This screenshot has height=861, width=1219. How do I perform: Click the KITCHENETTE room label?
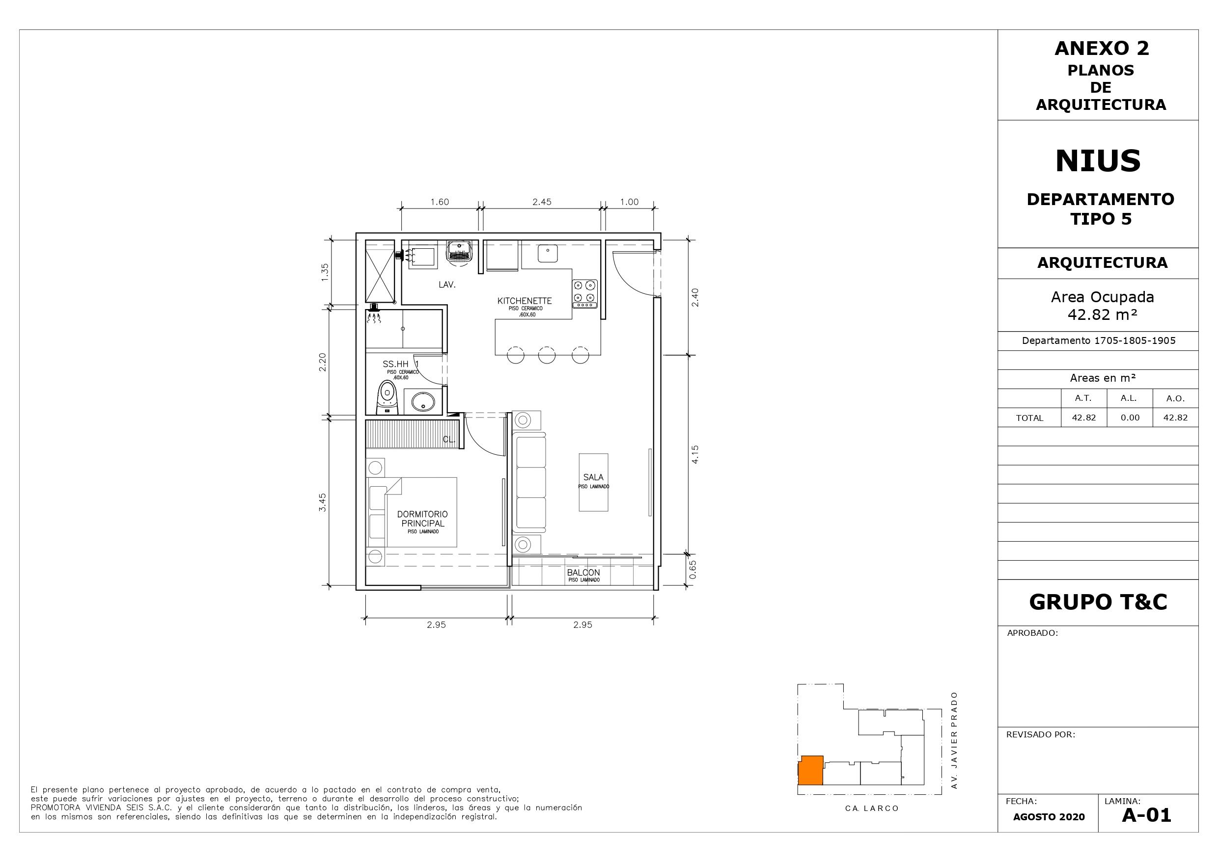(x=525, y=301)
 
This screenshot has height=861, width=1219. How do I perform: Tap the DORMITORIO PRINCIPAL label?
(x=422, y=519)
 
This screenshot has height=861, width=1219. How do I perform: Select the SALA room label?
(x=593, y=477)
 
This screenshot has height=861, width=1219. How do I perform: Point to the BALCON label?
(x=583, y=573)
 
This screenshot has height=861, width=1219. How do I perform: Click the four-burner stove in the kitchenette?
(x=584, y=294)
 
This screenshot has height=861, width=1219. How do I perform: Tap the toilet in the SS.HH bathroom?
(x=387, y=399)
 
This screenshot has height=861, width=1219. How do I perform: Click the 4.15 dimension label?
(x=695, y=454)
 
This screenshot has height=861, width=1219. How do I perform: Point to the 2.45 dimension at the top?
(x=542, y=202)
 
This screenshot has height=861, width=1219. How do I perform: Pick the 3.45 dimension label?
(x=322, y=502)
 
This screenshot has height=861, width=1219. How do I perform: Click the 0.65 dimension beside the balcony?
(x=693, y=569)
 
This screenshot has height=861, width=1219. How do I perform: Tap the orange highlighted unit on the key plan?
(x=811, y=770)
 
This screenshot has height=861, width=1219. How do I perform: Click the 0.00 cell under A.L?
(x=1130, y=417)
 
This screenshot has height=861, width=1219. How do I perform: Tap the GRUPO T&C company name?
(x=1098, y=601)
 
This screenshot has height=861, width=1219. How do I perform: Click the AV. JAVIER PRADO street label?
(x=954, y=747)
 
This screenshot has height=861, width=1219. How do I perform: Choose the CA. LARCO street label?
(x=872, y=809)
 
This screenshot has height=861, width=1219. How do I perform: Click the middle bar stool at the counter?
(x=547, y=355)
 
